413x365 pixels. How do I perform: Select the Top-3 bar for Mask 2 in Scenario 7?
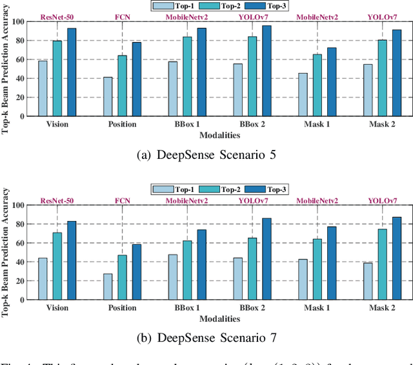pos(396,258)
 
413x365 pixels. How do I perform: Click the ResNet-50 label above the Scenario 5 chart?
pos(57,17)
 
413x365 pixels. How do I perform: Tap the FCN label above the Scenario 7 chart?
pos(123,201)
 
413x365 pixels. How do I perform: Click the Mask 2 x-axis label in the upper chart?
pos(383,125)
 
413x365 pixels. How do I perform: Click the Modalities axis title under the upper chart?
pos(219,136)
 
